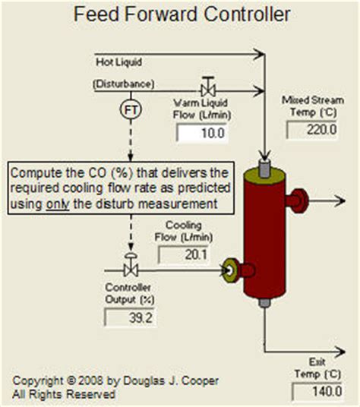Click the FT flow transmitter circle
tap(130, 111)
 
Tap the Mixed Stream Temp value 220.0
tap(311, 129)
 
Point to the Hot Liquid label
tap(120, 60)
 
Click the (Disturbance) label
tap(123, 83)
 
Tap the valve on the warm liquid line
tap(206, 85)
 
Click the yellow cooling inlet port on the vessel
tap(229, 268)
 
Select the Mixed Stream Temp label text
tap(311, 105)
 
